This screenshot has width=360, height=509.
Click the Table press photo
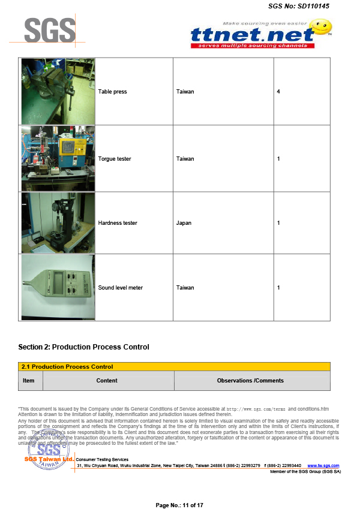(58, 91)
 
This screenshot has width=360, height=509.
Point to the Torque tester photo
(58, 158)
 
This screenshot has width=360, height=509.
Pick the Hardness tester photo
(58, 222)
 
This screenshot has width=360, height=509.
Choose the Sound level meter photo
(58, 287)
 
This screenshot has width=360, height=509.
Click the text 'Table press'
(112, 92)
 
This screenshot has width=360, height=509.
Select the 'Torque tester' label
(115, 159)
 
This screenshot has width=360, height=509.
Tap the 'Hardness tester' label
(118, 223)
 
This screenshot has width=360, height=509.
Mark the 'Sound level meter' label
(121, 288)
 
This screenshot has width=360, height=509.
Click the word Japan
(184, 223)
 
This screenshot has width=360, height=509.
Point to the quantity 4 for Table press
(278, 92)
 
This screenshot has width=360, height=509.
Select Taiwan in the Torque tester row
(185, 159)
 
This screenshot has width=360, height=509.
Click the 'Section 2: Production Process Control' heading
(83, 347)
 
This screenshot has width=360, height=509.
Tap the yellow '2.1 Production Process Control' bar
(174, 366)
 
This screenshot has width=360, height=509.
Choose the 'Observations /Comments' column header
(250, 381)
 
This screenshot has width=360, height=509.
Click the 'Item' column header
(29, 381)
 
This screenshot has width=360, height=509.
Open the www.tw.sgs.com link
(323, 466)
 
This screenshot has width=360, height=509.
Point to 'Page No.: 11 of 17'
(179, 505)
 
